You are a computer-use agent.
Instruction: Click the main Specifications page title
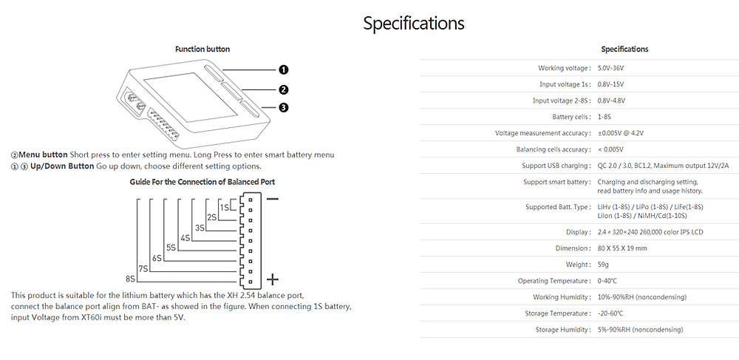(413, 23)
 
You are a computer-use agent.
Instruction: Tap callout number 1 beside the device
(283, 69)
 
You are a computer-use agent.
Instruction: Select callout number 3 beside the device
(283, 108)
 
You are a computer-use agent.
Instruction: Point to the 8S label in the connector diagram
(131, 279)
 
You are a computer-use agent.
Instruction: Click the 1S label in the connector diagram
(225, 206)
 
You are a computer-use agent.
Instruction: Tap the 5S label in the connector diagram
(171, 248)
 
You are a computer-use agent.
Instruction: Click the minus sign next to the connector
(273, 199)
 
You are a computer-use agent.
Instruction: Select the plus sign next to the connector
(273, 279)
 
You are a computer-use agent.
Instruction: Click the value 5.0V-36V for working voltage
(615, 68)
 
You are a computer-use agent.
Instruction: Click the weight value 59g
(603, 265)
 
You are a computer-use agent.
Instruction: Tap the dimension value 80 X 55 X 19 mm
(621, 248)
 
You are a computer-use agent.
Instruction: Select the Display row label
(578, 232)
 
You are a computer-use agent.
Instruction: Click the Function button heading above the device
(202, 50)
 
